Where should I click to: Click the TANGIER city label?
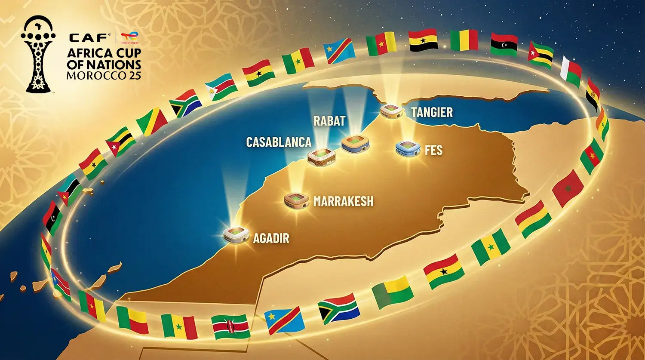432,112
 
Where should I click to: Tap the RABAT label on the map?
329,121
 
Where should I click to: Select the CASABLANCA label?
278,142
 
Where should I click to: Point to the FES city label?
433,151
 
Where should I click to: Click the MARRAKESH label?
343,201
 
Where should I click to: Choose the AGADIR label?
271,238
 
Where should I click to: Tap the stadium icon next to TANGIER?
391,111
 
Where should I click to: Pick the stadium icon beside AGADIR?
236,235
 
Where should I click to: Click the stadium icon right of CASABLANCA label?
321,156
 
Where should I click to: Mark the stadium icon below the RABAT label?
356,144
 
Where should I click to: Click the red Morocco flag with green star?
568,188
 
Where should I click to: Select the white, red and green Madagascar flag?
571,71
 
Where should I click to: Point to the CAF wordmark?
89,38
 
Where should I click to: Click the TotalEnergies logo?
129,38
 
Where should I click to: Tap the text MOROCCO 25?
104,75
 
